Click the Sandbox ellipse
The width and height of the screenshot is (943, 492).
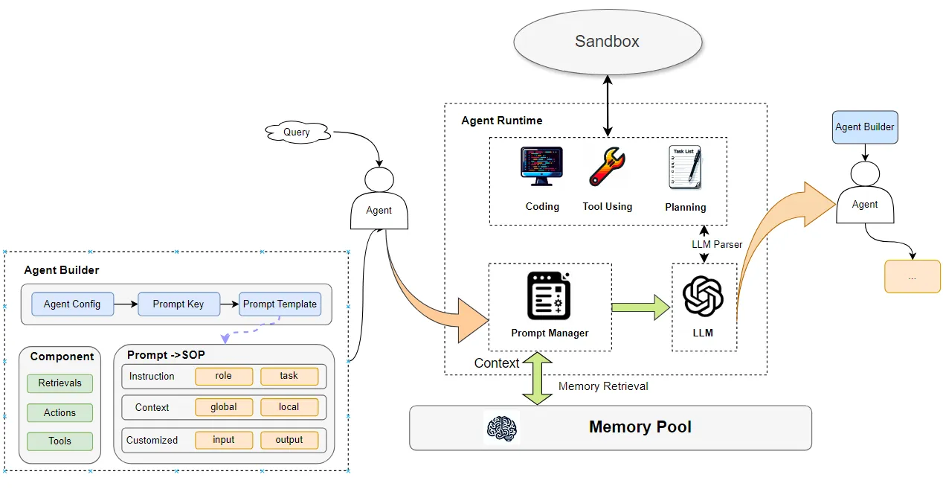click(607, 42)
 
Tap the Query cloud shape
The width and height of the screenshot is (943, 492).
click(297, 133)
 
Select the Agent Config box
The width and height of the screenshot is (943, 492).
click(72, 304)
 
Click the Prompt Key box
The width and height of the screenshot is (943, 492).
click(178, 304)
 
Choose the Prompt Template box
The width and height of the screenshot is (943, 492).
click(280, 304)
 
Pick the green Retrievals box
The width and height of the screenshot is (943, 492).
click(60, 383)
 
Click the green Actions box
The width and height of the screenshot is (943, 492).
click(60, 412)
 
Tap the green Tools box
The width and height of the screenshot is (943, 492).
click(60, 441)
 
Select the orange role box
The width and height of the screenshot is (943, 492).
click(224, 376)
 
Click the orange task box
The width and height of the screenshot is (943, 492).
click(289, 376)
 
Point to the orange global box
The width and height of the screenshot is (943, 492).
click(224, 407)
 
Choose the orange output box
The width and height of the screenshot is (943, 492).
click(289, 440)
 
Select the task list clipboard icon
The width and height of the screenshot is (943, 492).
click(685, 168)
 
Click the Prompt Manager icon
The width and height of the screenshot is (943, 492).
click(549, 295)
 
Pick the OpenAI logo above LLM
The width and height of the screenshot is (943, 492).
click(703, 295)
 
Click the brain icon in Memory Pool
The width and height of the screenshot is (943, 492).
click(502, 427)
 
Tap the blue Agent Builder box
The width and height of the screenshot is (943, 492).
click(865, 127)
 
